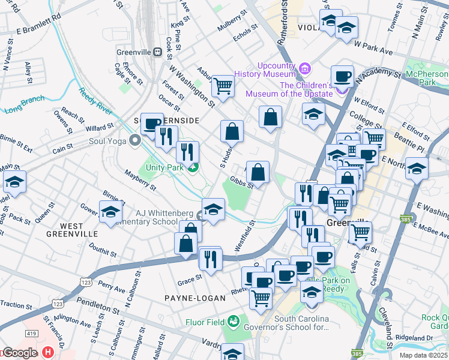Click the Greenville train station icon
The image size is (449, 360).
coord(158,52)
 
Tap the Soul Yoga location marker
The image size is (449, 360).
coord(134,140)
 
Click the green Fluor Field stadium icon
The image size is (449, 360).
coord(235,321)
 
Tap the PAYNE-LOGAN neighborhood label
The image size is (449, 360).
coord(196,298)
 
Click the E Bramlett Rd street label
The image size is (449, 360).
coord(39,30)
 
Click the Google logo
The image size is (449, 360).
coord(20,353)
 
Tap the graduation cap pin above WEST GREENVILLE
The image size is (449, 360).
coord(110,213)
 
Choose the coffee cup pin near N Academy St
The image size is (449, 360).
coord(342,76)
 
